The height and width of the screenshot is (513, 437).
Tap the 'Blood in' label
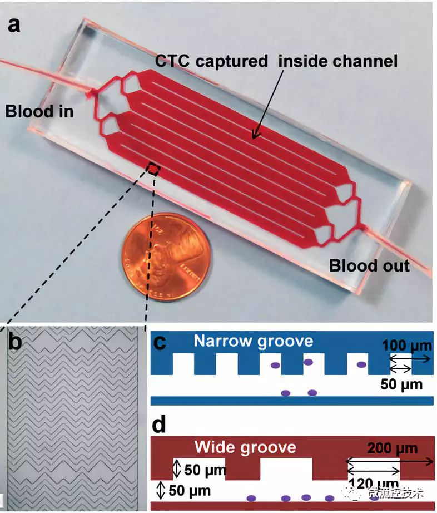pos(39,111)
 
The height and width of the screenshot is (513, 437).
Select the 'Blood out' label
pos(369,265)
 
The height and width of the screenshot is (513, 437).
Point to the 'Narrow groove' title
pos(253,341)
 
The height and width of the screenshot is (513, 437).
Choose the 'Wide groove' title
pos(245,447)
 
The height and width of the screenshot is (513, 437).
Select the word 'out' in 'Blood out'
pos(394,265)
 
